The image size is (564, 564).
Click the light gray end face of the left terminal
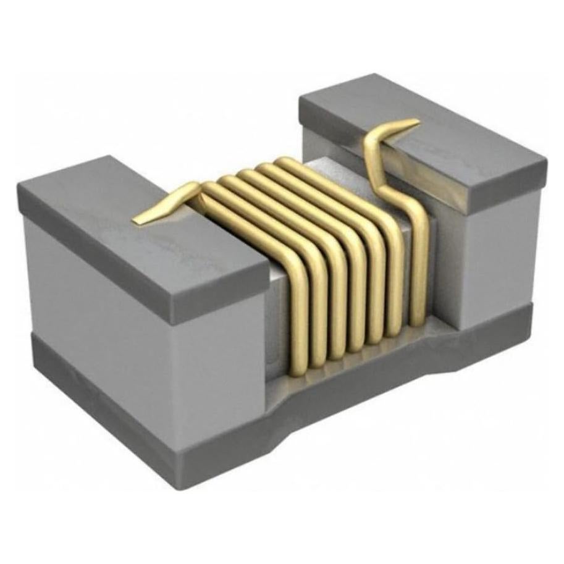(x=93, y=297)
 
